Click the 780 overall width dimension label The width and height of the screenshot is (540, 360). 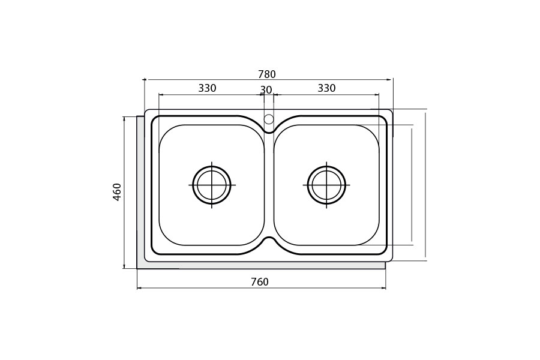coord(267,74)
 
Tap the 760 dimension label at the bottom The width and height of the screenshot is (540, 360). coord(260,282)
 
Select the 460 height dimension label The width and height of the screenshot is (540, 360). coord(117,192)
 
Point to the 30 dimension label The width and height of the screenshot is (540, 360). coord(266,90)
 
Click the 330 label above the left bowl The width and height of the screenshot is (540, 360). coord(208,88)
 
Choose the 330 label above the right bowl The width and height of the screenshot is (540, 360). coord(326,88)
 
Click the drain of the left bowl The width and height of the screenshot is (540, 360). coord(211,185)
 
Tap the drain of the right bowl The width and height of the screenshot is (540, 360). coord(326,185)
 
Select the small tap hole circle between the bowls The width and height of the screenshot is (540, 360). coord(269,119)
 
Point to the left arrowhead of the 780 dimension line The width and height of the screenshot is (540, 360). coord(145,80)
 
